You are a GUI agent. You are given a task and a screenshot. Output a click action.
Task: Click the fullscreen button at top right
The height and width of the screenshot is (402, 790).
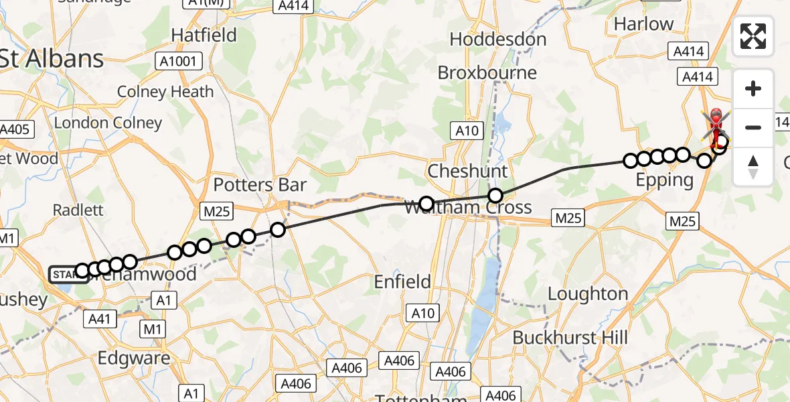pyautogui.click(x=753, y=36)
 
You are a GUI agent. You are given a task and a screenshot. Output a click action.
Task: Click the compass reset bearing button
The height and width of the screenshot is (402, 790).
pyautogui.click(x=753, y=166)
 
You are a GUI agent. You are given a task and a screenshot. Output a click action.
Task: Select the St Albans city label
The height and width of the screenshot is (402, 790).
pyautogui.click(x=52, y=59)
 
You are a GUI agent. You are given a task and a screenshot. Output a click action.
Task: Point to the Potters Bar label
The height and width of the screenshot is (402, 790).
pyautogui.click(x=260, y=185)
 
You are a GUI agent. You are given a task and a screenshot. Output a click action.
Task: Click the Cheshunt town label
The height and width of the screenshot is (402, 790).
pyautogui.click(x=467, y=171)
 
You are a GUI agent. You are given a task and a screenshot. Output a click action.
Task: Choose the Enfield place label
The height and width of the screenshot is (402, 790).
pyautogui.click(x=402, y=282)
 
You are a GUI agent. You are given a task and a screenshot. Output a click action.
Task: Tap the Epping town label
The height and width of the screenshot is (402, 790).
pyautogui.click(x=665, y=180)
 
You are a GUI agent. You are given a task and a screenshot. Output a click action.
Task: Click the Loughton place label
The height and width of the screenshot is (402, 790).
pyautogui.click(x=588, y=293)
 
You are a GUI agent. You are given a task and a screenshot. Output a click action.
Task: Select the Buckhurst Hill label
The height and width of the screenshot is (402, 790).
pyautogui.click(x=570, y=337)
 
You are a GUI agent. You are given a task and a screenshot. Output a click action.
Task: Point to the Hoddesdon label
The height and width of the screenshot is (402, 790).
pyautogui.click(x=498, y=40)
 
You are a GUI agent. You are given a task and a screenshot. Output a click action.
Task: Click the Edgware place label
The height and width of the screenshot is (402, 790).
pyautogui.click(x=134, y=358)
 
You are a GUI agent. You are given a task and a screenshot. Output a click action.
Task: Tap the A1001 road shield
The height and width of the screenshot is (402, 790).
pyautogui.click(x=177, y=62)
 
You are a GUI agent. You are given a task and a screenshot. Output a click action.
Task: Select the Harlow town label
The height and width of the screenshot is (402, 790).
pyautogui.click(x=643, y=24)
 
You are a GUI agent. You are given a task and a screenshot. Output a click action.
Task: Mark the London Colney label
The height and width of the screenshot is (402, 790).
pyautogui.click(x=108, y=123)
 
